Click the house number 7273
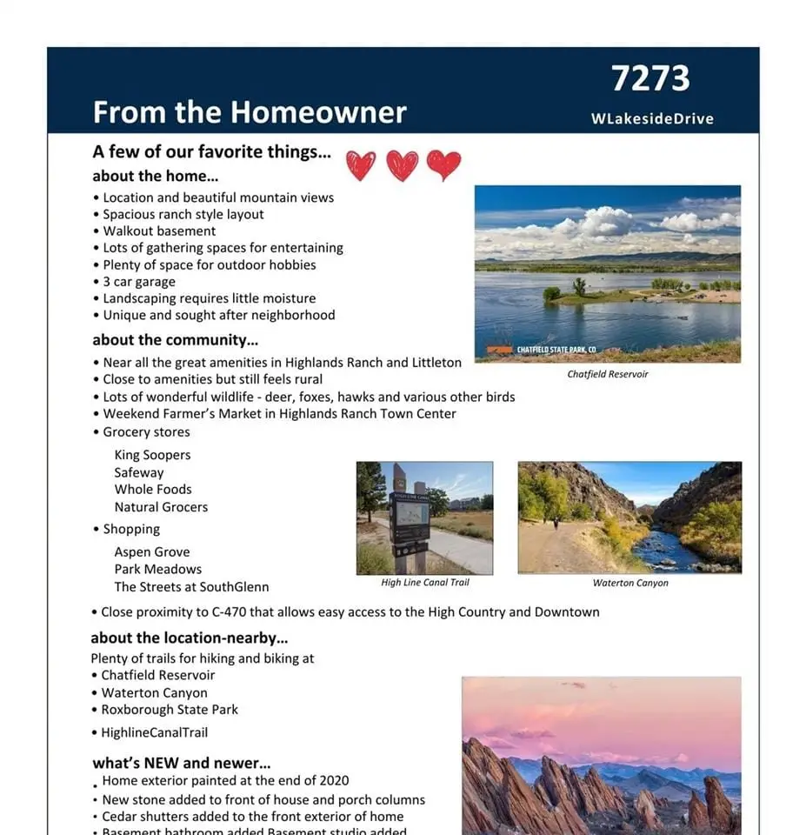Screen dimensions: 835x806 pyautogui.click(x=650, y=78)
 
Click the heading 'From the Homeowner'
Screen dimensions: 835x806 pyautogui.click(x=250, y=112)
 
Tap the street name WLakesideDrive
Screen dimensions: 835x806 pyautogui.click(x=652, y=119)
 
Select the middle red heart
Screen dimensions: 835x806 pyautogui.click(x=402, y=164)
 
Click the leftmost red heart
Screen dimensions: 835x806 pyautogui.click(x=361, y=164)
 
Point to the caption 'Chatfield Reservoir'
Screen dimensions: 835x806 pyautogui.click(x=607, y=374)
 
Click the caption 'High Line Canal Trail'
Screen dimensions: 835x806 pyautogui.click(x=424, y=583)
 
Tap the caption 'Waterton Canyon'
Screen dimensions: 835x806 pyautogui.click(x=629, y=583)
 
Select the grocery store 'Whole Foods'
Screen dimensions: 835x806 pyautogui.click(x=153, y=490)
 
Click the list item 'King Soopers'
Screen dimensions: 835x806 pyautogui.click(x=152, y=455)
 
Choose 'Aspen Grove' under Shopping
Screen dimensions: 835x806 pyautogui.click(x=151, y=552)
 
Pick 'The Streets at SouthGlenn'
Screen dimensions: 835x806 pyautogui.click(x=191, y=587)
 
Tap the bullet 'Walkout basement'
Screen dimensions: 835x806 pyautogui.click(x=159, y=231)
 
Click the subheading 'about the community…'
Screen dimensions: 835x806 pyautogui.click(x=175, y=340)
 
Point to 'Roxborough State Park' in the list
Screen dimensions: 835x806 pyautogui.click(x=170, y=710)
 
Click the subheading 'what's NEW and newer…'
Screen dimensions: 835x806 pyautogui.click(x=182, y=764)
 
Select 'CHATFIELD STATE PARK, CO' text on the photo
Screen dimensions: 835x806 pyautogui.click(x=556, y=350)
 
